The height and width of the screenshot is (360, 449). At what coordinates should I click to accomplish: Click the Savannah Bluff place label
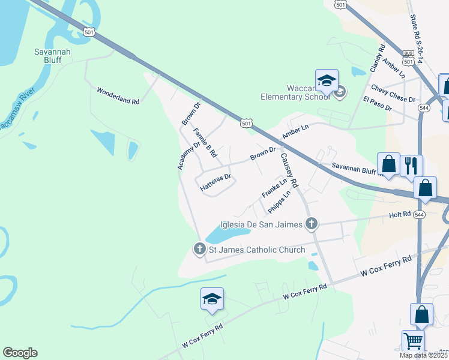pos(52,56)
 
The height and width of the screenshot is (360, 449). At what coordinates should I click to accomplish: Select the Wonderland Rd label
pos(118,96)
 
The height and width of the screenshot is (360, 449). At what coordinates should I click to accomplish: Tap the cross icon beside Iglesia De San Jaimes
pos(311,224)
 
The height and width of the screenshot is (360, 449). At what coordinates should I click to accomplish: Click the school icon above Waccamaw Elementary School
pos(327,81)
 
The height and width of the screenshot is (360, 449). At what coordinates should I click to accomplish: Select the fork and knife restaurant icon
pos(411,166)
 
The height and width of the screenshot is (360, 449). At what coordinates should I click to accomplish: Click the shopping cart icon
pos(413,341)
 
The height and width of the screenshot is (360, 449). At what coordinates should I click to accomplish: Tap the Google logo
pos(20,353)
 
